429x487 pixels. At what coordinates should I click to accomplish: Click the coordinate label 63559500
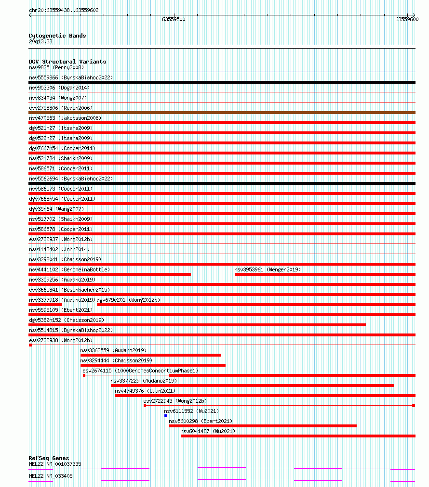(x=174, y=20)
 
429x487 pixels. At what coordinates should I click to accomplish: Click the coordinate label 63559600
(x=407, y=20)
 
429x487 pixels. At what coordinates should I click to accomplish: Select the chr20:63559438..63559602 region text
(x=64, y=10)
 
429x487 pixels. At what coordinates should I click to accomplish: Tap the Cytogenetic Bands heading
(x=57, y=36)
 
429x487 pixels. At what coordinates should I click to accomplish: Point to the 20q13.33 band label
(x=40, y=41)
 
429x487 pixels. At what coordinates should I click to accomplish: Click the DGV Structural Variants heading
(x=67, y=62)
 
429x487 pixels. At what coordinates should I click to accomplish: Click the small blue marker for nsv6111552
(x=166, y=416)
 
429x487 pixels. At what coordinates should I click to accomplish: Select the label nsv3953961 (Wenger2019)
(x=268, y=269)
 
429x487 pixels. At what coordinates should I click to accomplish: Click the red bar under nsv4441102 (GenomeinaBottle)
(x=109, y=274)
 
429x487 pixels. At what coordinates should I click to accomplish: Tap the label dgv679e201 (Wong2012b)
(x=128, y=300)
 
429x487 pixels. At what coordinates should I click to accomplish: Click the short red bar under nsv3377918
(x=45, y=305)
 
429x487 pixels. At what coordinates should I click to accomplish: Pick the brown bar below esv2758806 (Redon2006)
(x=222, y=113)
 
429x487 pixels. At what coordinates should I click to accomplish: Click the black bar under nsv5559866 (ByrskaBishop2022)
(x=222, y=82)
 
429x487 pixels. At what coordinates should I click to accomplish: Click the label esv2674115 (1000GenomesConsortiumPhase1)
(x=140, y=371)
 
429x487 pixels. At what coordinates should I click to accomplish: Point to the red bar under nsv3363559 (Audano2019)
(x=150, y=355)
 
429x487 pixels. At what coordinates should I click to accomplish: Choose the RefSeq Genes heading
(x=49, y=458)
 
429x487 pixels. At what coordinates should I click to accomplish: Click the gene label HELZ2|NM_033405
(x=51, y=476)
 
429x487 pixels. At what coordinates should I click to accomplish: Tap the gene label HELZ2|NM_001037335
(x=55, y=464)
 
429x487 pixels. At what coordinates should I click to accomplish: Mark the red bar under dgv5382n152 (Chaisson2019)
(x=197, y=325)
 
